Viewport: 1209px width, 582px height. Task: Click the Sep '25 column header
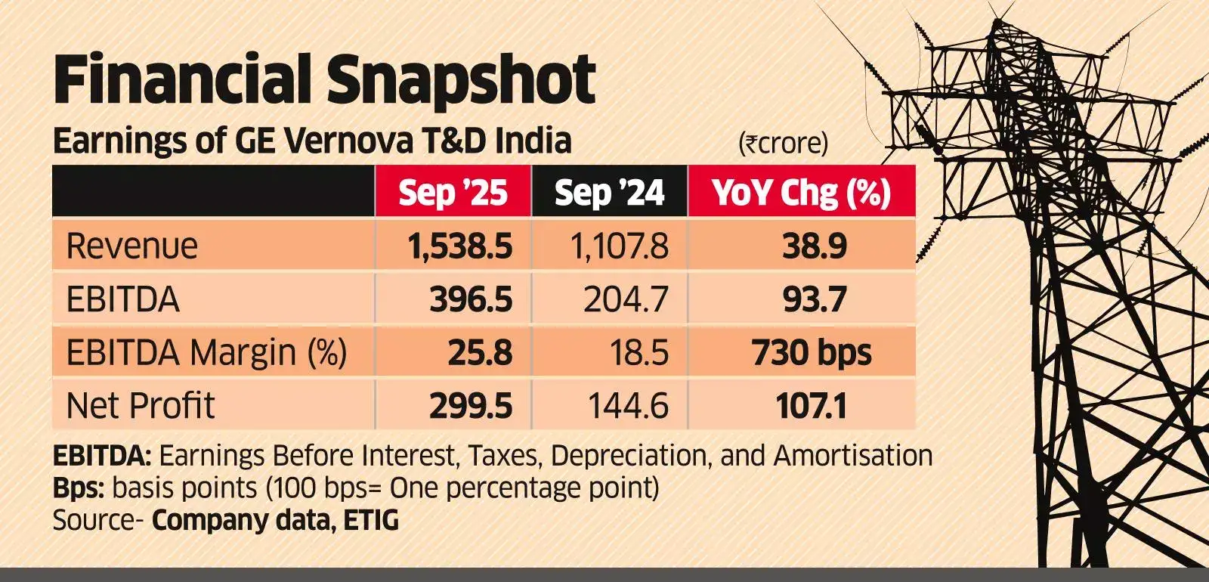[x=453, y=193]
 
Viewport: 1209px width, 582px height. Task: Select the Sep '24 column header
[x=609, y=193]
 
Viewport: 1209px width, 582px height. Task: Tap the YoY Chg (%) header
[x=801, y=193]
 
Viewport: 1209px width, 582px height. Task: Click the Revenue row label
[x=132, y=246]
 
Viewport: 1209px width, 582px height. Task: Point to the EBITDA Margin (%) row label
[x=206, y=353]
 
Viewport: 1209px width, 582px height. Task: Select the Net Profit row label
[x=141, y=406]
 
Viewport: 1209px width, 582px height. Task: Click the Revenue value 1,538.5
[x=459, y=246]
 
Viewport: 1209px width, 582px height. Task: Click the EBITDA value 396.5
[x=471, y=300]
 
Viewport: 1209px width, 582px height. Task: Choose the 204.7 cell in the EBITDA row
[x=626, y=300]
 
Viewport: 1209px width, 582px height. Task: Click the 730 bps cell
[x=812, y=353]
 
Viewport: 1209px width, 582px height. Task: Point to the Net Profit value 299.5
[x=471, y=406]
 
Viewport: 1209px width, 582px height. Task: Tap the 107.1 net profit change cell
[x=812, y=406]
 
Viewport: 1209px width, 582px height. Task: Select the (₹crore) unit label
[x=783, y=143]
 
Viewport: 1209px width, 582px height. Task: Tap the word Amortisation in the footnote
[x=853, y=456]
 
